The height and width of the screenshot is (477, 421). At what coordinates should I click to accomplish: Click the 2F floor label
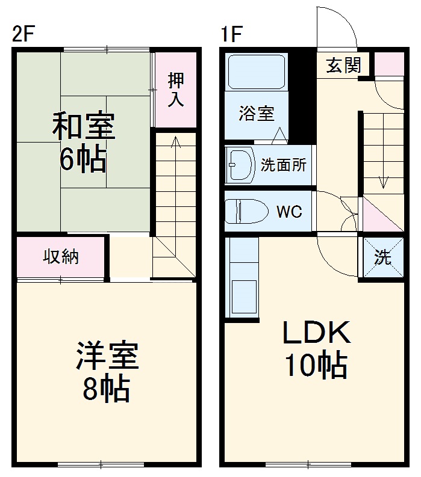coord(24,35)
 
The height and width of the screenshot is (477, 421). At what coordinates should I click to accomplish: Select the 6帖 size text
coord(83,159)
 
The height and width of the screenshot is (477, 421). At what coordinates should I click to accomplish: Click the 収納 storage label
coord(61,256)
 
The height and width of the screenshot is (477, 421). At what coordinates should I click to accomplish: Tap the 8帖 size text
coord(107,389)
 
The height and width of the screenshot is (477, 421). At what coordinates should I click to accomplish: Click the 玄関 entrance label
coord(344,65)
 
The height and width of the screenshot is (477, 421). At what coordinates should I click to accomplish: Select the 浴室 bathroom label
coord(256,113)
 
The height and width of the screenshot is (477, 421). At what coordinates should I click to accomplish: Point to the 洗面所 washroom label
coord(284,165)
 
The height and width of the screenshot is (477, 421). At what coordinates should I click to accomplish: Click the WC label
coord(288,211)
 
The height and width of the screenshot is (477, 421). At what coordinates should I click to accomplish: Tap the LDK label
coord(316,331)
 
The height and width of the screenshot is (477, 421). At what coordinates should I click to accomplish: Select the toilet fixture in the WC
coord(245,211)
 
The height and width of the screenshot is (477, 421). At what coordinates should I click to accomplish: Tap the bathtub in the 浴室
coord(257,72)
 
